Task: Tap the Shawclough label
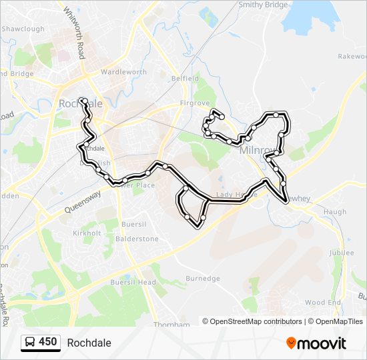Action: tap(23, 29)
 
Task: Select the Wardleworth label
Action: tap(123, 72)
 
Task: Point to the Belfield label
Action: tap(186, 78)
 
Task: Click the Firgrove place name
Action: tap(196, 105)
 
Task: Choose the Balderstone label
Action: tap(138, 239)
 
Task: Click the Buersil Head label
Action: tap(138, 282)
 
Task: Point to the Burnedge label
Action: tap(203, 278)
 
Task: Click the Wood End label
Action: tap(323, 302)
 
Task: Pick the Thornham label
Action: tap(171, 325)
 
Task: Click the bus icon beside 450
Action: tap(31, 343)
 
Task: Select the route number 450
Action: tap(47, 342)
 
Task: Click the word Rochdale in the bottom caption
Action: tap(89, 343)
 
